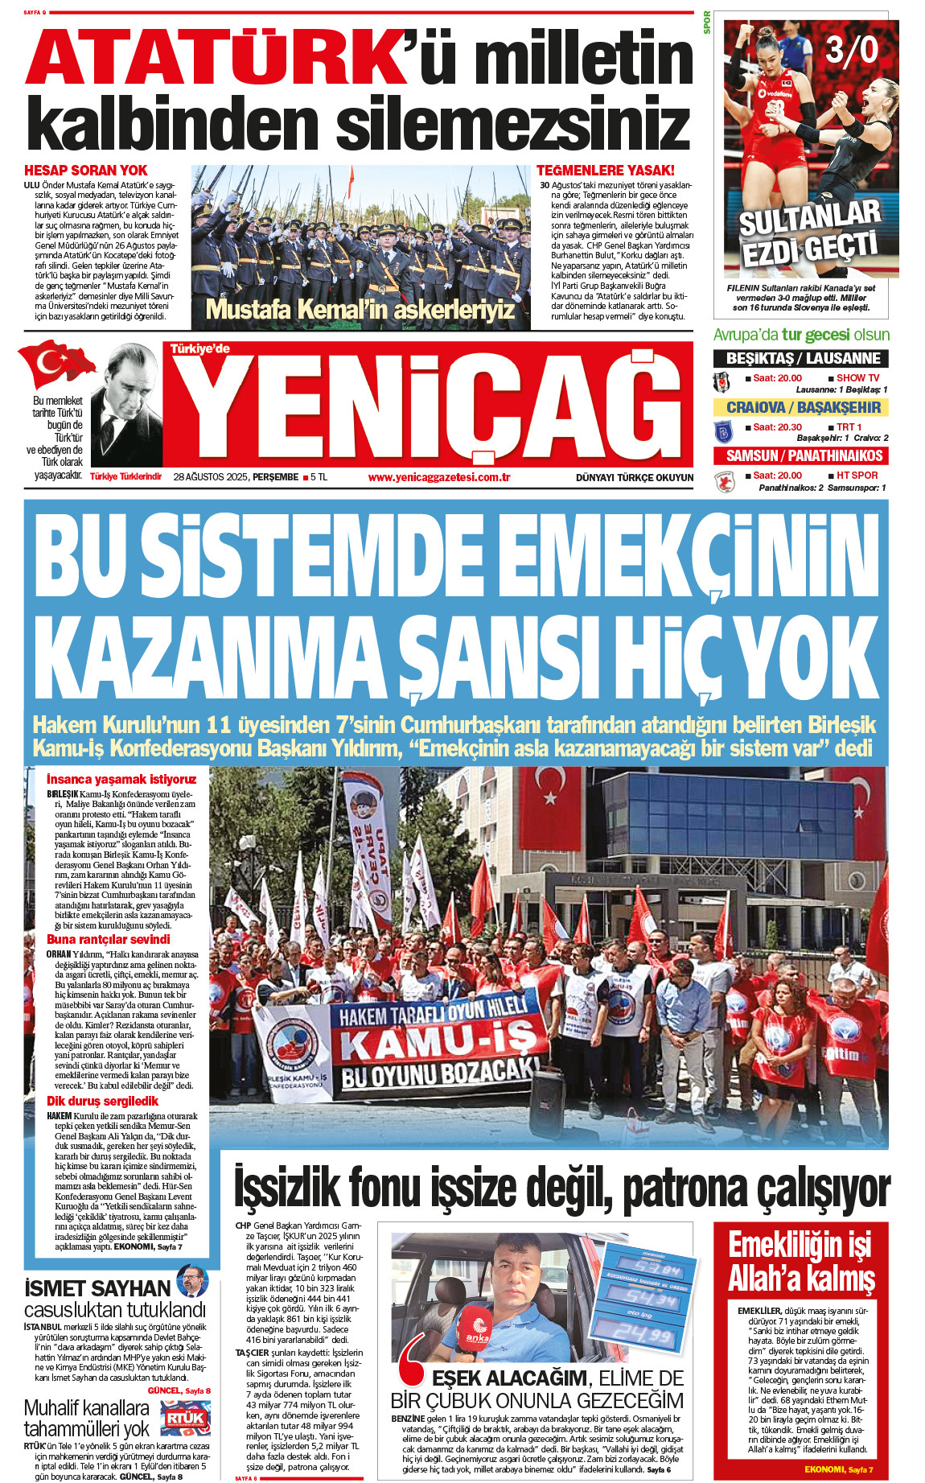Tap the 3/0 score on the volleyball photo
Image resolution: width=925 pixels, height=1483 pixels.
coord(852,51)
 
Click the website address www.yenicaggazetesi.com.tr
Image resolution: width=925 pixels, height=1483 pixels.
coord(439,477)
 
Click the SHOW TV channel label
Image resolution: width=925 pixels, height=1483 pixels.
coord(857,378)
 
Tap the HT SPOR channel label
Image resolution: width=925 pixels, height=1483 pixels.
coord(857,476)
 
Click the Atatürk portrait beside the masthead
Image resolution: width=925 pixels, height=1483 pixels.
coord(126,406)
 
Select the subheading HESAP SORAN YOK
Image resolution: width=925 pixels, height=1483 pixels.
coord(86,171)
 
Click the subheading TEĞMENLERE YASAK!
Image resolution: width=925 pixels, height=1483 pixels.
coord(605,171)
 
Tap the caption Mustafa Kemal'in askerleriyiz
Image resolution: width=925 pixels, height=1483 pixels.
coord(360,309)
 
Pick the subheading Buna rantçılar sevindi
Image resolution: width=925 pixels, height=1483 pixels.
coord(109,939)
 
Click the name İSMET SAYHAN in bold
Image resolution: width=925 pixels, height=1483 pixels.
coord(98,1288)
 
